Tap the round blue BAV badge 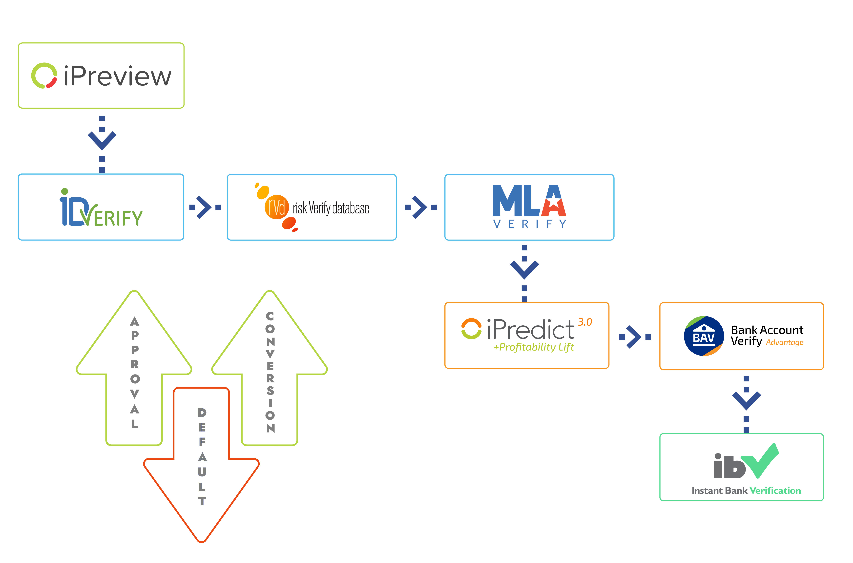tap(704, 336)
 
